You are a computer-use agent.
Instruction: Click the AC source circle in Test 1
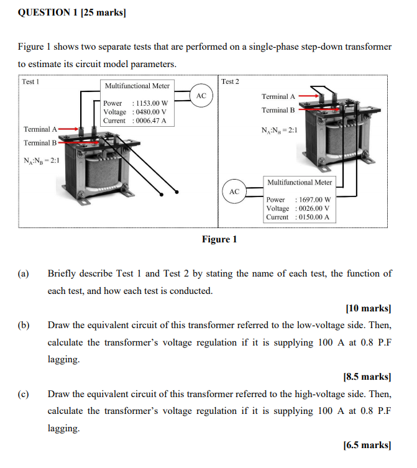tap(201, 96)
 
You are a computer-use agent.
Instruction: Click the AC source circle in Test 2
tap(234, 192)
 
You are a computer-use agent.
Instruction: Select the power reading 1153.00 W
tap(152, 103)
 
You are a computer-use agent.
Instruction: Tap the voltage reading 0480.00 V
tap(152, 112)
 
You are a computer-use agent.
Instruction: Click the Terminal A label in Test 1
tap(40, 129)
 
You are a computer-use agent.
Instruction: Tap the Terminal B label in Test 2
tap(278, 110)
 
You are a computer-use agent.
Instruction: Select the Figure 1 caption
tap(219, 239)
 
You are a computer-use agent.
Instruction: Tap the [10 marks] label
tap(368, 308)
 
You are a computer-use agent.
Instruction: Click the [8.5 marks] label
tap(367, 377)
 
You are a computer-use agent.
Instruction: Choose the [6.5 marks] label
tap(367, 445)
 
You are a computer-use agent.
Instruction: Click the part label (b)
tap(24, 325)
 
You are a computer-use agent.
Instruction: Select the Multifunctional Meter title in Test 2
tap(300, 182)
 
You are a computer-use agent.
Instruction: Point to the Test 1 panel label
tap(30, 81)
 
